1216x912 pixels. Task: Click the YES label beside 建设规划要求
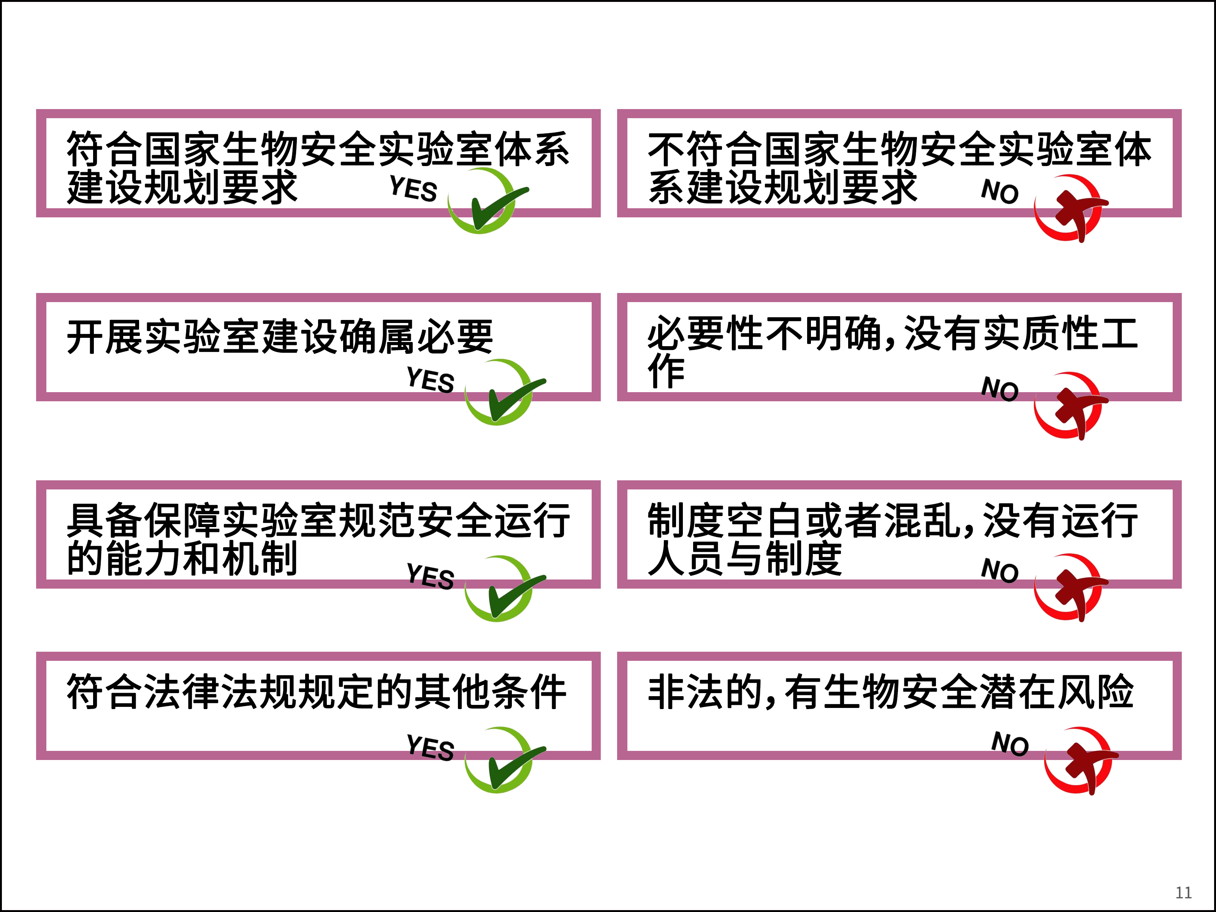pyautogui.click(x=413, y=188)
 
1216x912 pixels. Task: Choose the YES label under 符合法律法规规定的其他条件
pyautogui.click(x=431, y=747)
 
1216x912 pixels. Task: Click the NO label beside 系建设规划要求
pyautogui.click(x=1000, y=191)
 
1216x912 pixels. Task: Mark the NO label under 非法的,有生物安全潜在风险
pyautogui.click(x=1010, y=743)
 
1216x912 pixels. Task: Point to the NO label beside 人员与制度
pyautogui.click(x=1000, y=570)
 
